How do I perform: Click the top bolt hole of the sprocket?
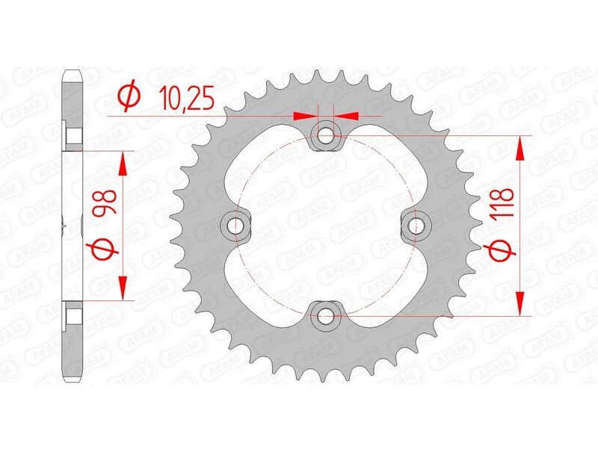pyautogui.click(x=326, y=135)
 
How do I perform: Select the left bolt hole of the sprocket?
pyautogui.click(x=236, y=225)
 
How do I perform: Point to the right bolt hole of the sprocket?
pyautogui.click(x=416, y=225)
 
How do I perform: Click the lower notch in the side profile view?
pyautogui.click(x=74, y=314)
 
